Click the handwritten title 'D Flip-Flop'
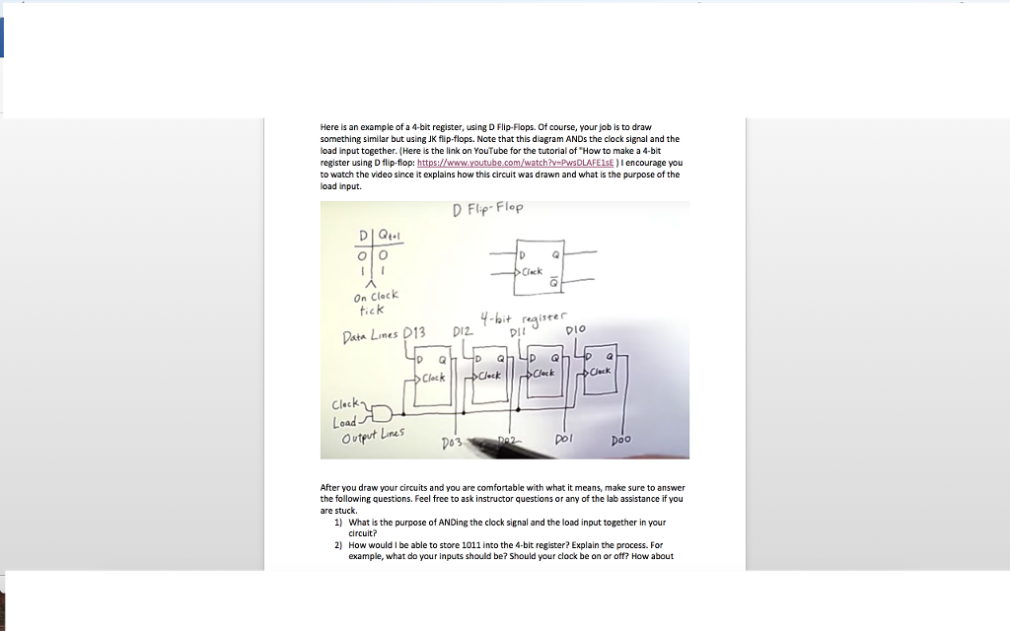[x=488, y=209]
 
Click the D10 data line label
[x=575, y=328]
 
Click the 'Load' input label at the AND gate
[x=344, y=421]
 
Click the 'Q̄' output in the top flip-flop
[x=552, y=280]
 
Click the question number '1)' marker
[x=338, y=523]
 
